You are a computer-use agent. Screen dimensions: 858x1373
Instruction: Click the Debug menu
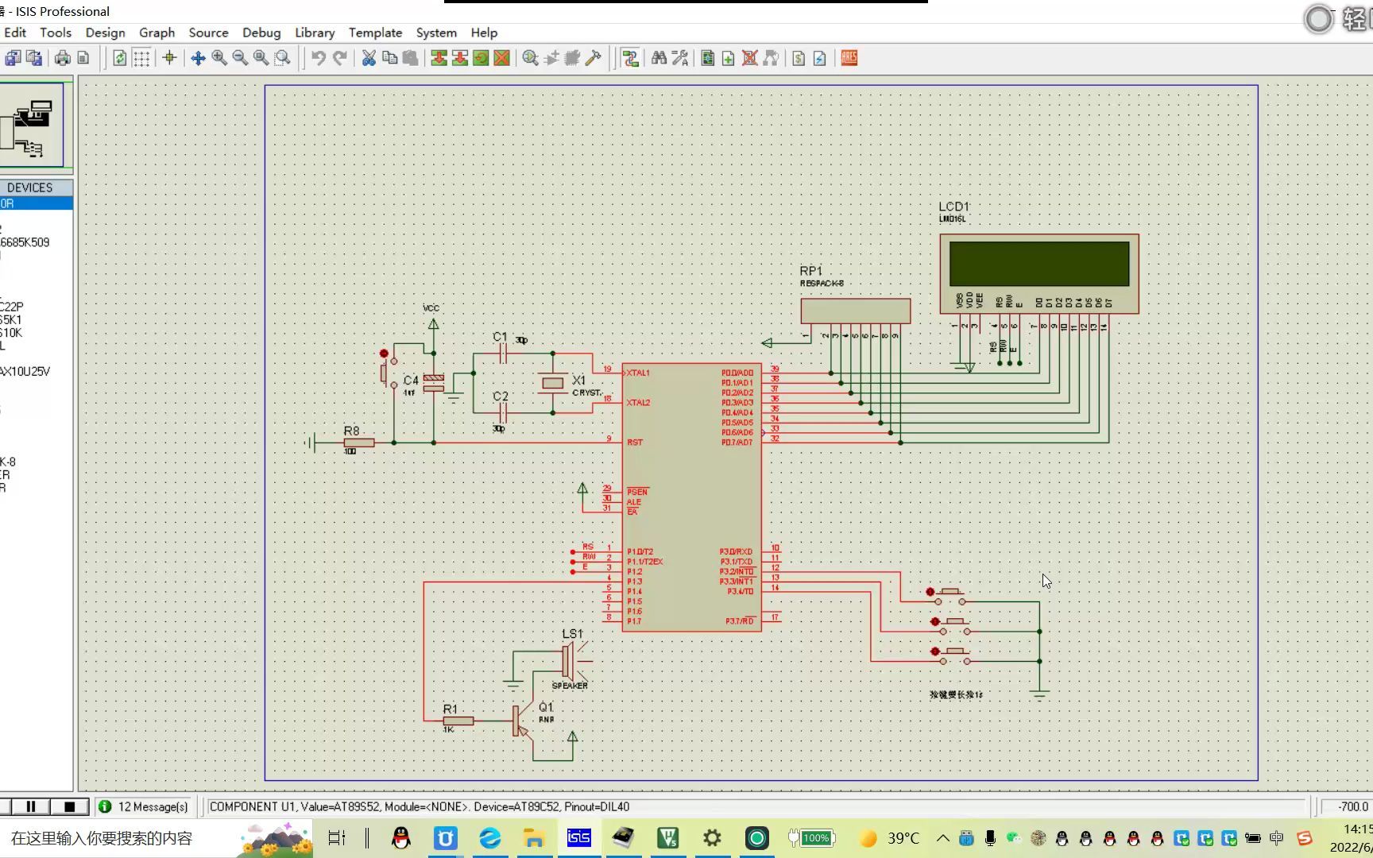click(261, 33)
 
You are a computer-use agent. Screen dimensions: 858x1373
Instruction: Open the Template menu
click(375, 33)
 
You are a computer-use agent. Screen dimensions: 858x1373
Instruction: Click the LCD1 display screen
click(1038, 264)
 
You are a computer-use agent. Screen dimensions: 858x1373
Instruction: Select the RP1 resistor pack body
click(855, 311)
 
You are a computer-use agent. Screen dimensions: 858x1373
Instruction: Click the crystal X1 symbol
click(553, 383)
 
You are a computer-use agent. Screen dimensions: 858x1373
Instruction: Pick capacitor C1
click(502, 354)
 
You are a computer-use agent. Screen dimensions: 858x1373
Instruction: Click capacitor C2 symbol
click(502, 412)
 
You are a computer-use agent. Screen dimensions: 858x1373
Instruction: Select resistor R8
click(358, 443)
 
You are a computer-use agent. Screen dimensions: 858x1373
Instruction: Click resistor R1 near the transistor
click(458, 721)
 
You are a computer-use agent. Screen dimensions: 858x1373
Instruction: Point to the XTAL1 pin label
click(638, 373)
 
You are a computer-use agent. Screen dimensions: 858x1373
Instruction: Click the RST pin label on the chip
click(635, 443)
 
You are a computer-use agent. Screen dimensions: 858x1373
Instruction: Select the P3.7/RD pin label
click(739, 621)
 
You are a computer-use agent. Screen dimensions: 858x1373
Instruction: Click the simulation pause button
click(31, 806)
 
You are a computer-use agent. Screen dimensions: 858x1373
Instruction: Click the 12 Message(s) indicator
click(144, 806)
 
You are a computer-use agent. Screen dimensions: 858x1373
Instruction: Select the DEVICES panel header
click(30, 187)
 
